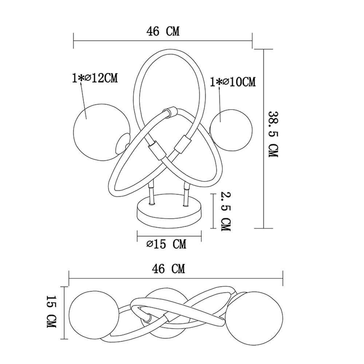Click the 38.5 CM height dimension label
(x=273, y=134)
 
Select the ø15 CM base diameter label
(x=166, y=244)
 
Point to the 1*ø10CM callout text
(x=233, y=82)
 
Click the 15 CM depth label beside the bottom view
(x=52, y=312)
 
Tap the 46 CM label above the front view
(x=163, y=31)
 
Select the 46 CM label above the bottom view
(x=169, y=269)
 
